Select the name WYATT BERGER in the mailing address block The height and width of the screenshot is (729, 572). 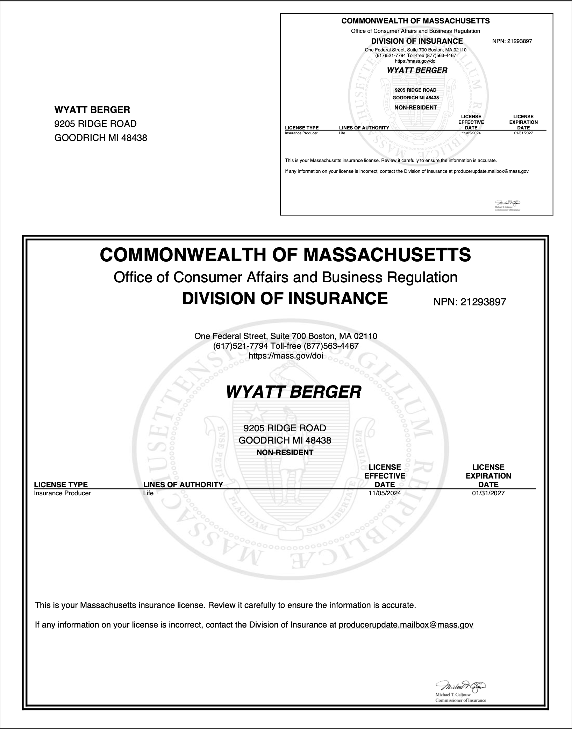click(92, 110)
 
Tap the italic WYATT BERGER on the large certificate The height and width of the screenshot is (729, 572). click(293, 392)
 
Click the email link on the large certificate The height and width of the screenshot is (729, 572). click(406, 625)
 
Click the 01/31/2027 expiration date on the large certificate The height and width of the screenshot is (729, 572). click(488, 493)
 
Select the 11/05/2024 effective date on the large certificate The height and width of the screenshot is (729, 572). click(385, 493)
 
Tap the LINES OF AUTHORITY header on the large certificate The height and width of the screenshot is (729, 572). click(183, 484)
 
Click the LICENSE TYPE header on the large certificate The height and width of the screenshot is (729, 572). click(61, 484)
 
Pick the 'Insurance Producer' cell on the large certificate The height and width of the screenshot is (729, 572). click(62, 493)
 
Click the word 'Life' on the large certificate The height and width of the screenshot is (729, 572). click(148, 493)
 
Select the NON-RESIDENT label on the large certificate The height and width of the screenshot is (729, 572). click(285, 452)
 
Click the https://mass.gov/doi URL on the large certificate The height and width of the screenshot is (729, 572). click(286, 356)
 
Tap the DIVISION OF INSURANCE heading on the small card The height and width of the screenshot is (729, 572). click(417, 41)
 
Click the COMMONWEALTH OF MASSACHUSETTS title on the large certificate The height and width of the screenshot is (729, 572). click(285, 255)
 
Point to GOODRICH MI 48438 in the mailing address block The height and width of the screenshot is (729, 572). click(101, 138)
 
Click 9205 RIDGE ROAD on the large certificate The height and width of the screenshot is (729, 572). click(285, 428)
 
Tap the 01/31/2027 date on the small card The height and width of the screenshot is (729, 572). click(523, 133)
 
